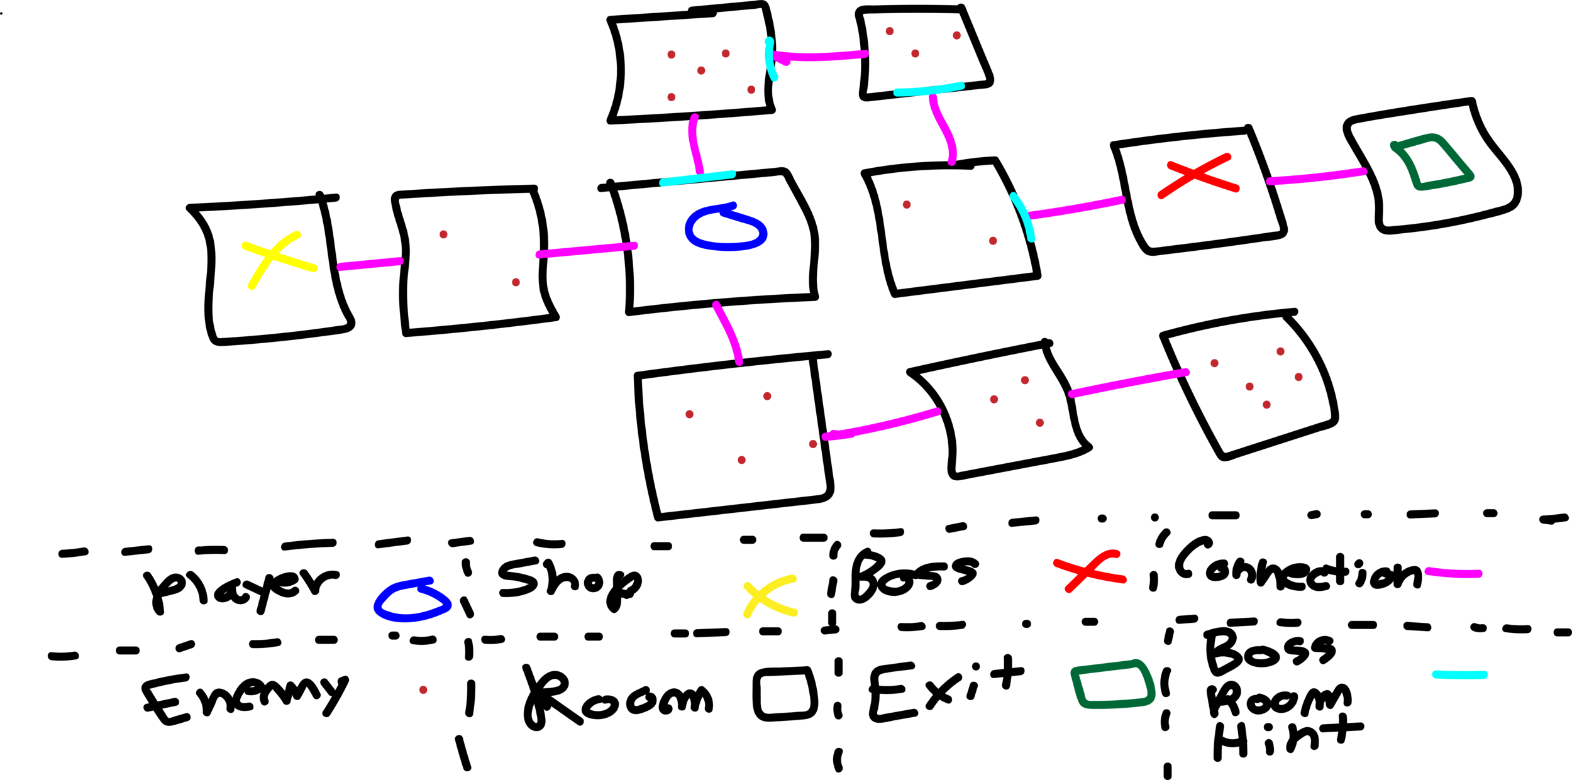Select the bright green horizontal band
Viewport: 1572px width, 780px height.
point(1352,281)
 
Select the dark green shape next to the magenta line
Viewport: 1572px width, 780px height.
point(1446,179)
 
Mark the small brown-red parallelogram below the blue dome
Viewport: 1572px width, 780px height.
point(437,695)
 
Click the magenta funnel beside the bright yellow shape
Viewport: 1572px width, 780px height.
point(374,302)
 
